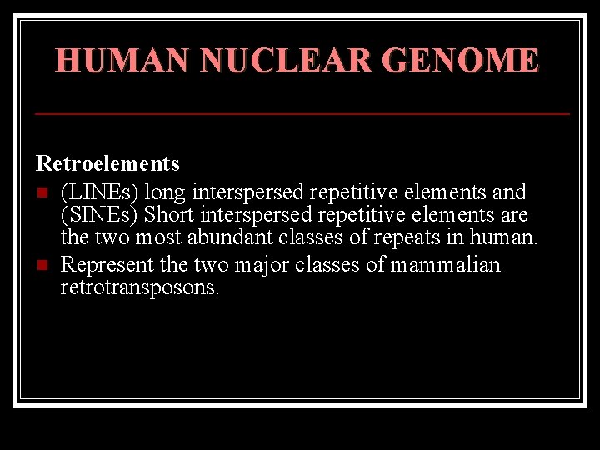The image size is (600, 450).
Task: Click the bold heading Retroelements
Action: [107, 162]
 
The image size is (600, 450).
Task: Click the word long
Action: [165, 192]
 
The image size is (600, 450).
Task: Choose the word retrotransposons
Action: [141, 288]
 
